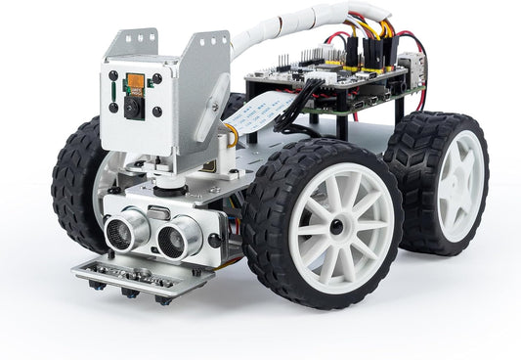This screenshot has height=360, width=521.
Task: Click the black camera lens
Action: click(133, 108)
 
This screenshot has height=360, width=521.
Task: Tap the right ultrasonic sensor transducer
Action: click(175, 236)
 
